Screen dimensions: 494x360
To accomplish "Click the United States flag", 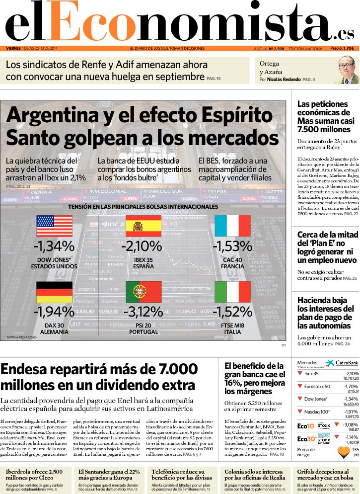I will pyautogui.click(x=54, y=226).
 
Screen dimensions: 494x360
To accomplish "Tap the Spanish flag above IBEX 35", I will pyautogui.click(x=143, y=226).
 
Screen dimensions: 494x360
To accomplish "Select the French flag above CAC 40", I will pyautogui.click(x=232, y=226).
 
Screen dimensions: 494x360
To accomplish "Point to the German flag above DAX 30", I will pyautogui.click(x=54, y=292).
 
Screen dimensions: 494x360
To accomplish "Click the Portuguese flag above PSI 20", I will pyautogui.click(x=143, y=292).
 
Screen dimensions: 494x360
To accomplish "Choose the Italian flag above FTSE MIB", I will pyautogui.click(x=232, y=292).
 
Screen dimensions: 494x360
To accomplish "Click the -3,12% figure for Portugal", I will pyautogui.click(x=143, y=312).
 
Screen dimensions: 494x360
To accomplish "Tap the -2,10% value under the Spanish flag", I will pyautogui.click(x=143, y=246).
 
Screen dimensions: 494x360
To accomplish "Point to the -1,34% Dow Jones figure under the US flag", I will pyautogui.click(x=54, y=246).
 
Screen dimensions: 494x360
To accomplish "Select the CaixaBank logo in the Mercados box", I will pyautogui.click(x=338, y=364).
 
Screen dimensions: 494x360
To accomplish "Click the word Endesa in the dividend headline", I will pyautogui.click(x=30, y=370).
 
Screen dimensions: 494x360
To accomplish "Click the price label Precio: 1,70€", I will pyautogui.click(x=342, y=48).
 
